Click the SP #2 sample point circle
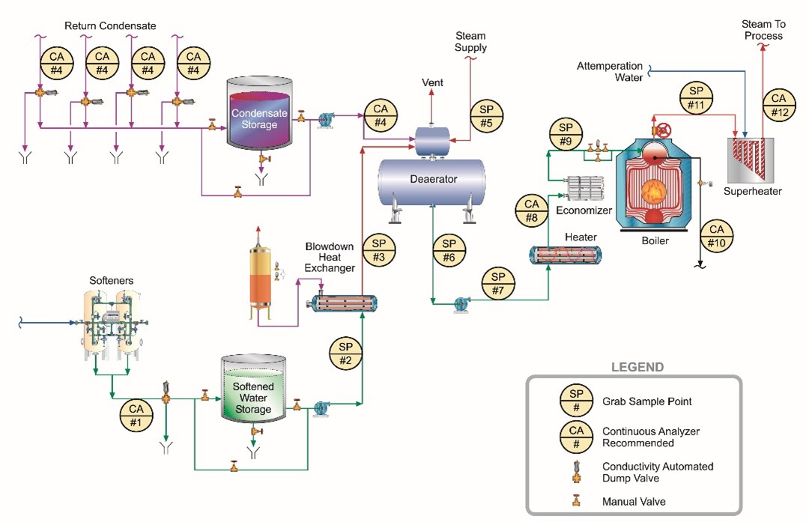click(345, 353)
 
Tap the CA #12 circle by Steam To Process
click(778, 106)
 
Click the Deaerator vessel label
click(433, 179)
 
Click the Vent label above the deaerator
click(432, 82)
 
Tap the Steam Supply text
click(470, 42)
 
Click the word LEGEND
click(637, 367)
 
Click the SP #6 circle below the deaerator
click(449, 251)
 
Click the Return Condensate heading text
click(110, 25)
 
